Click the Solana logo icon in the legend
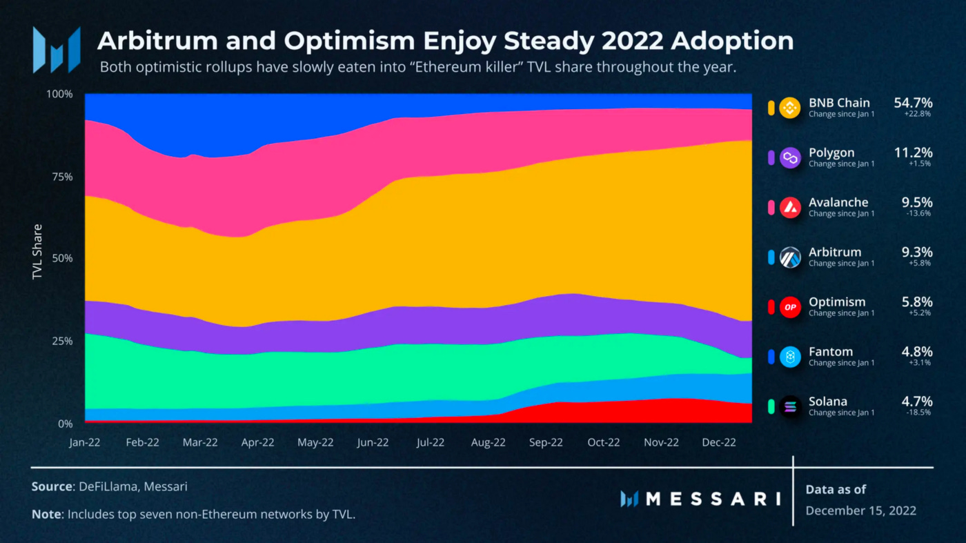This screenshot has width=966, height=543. click(790, 406)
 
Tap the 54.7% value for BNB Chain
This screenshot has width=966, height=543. click(913, 103)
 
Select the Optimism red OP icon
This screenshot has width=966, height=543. click(790, 307)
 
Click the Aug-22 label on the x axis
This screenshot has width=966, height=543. click(488, 443)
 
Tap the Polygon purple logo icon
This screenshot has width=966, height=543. click(790, 158)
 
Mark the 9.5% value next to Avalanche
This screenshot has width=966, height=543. click(917, 202)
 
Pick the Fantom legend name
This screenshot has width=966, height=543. click(831, 351)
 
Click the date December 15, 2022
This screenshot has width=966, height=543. click(860, 511)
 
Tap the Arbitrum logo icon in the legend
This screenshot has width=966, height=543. click(790, 257)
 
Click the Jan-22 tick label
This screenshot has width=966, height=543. click(85, 443)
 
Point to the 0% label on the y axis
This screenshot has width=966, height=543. click(65, 424)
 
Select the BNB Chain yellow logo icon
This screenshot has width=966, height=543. click(790, 108)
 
